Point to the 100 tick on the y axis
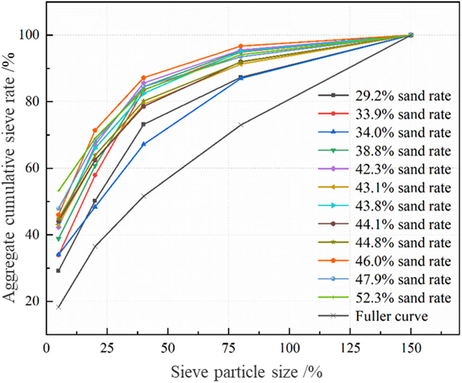click(x=31, y=35)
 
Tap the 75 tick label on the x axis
click(x=228, y=347)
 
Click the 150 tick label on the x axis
click(x=410, y=347)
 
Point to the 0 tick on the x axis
click(x=46, y=347)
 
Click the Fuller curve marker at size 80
click(x=241, y=125)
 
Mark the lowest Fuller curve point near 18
click(x=58, y=307)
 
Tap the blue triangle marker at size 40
click(x=144, y=144)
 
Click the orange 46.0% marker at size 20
click(x=95, y=130)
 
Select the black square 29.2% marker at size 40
click(x=144, y=124)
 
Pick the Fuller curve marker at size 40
click(x=144, y=196)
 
